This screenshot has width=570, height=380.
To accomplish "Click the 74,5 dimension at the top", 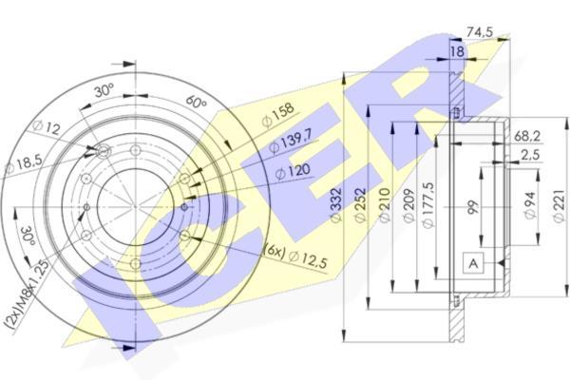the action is (x=480, y=32).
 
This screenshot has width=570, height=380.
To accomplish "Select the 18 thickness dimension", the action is (x=457, y=51).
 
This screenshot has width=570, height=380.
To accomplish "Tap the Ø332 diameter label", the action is (x=336, y=204).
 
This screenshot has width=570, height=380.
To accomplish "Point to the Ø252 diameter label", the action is (x=361, y=204).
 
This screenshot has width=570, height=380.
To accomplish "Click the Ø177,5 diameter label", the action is (x=428, y=205).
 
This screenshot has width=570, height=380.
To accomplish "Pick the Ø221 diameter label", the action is (x=559, y=205).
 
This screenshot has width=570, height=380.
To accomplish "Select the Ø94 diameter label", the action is (x=531, y=205).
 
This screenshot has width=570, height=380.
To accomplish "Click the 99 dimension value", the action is (x=473, y=206).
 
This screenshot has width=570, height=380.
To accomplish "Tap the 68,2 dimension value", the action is (x=527, y=137).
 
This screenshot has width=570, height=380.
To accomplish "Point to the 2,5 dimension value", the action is (x=530, y=155).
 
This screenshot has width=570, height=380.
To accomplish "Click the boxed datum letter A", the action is (x=473, y=262).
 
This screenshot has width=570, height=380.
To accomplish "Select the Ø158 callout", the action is (x=277, y=115).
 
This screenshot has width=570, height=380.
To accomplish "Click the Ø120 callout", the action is (x=293, y=172).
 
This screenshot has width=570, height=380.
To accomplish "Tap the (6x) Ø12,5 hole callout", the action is (x=296, y=256).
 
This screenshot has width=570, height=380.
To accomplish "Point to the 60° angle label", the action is (x=196, y=102).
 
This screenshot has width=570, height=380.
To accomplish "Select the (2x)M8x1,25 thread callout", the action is (x=27, y=295).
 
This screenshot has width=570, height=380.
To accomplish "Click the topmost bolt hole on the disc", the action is (x=135, y=150).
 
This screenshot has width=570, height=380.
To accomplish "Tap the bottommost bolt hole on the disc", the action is (x=135, y=263).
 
